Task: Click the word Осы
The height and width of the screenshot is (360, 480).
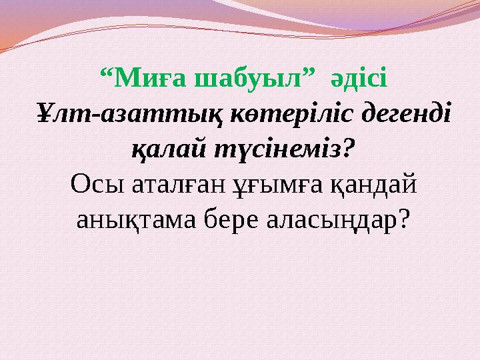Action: [x=91, y=184]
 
